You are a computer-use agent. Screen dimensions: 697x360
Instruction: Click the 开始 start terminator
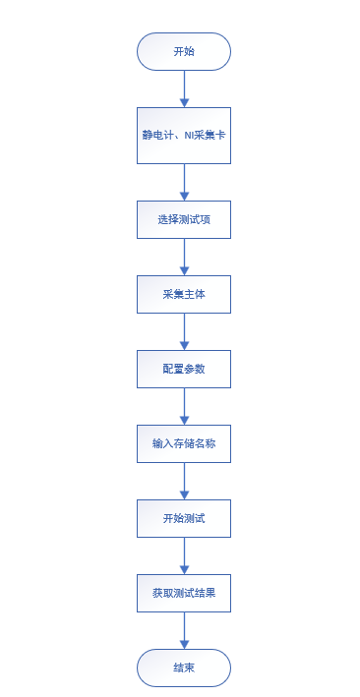click(184, 51)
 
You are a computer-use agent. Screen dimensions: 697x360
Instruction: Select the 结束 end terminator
click(184, 668)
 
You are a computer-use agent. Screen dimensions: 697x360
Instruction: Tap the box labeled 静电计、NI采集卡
click(184, 135)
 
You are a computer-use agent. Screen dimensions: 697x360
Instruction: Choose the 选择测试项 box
click(184, 219)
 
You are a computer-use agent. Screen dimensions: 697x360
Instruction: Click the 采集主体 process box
click(184, 294)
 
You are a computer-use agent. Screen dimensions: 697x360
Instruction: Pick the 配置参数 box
click(184, 369)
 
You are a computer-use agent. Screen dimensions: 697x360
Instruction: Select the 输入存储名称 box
click(184, 443)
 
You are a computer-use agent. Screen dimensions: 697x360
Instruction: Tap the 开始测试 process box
click(184, 518)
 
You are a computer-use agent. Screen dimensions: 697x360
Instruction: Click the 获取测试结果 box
click(184, 593)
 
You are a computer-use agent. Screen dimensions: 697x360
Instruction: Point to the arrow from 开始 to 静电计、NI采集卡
click(184, 88)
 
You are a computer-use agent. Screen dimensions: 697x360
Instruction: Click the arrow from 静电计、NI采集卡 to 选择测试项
click(184, 182)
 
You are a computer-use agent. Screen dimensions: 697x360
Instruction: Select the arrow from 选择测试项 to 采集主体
click(184, 257)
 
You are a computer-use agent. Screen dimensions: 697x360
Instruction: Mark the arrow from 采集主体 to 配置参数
click(184, 331)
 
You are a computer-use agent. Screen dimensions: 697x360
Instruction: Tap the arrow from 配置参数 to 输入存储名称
click(184, 406)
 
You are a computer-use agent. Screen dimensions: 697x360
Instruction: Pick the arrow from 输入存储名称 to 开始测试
click(184, 481)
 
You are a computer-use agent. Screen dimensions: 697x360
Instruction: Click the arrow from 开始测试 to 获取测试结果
click(184, 555)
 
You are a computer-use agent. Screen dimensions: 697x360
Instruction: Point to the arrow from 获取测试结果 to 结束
click(184, 630)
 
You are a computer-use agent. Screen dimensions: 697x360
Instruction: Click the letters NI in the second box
click(190, 135)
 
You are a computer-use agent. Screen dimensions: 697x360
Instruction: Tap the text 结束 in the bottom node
click(184, 668)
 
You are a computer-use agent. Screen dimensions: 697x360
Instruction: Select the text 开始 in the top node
click(184, 51)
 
